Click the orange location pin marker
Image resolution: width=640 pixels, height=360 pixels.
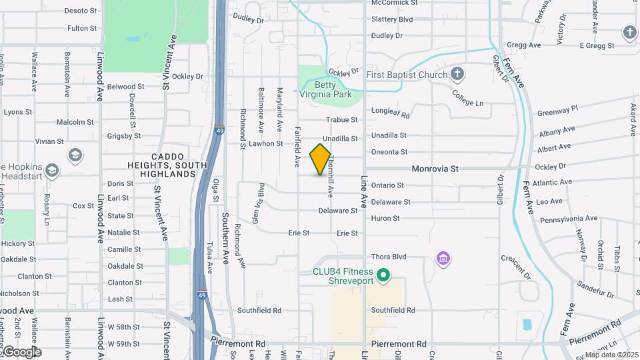pyautogui.click(x=321, y=159)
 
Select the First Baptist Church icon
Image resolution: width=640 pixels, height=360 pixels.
pyautogui.click(x=457, y=73)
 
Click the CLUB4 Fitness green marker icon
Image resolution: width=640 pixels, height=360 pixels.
pyautogui.click(x=383, y=275)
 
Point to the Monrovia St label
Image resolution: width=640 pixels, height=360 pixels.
pyautogui.click(x=435, y=169)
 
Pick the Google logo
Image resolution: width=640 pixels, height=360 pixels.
pyautogui.click(x=21, y=352)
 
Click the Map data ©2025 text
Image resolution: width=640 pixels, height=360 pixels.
pyautogui.click(x=611, y=355)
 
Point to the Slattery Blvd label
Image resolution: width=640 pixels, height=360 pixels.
pyautogui.click(x=393, y=19)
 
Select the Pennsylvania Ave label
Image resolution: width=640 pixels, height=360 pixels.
pyautogui.click(x=569, y=218)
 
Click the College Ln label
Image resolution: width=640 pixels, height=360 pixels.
pyautogui.click(x=468, y=99)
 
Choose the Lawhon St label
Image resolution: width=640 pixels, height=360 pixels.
pyautogui.click(x=266, y=143)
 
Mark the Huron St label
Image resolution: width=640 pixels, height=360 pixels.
pyautogui.click(x=385, y=218)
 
